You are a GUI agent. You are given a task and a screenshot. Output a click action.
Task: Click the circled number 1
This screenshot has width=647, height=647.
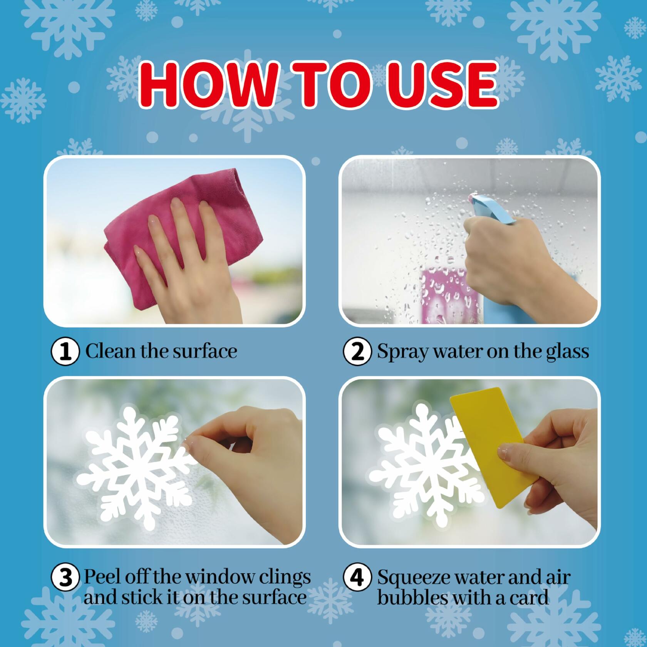pos(65,352)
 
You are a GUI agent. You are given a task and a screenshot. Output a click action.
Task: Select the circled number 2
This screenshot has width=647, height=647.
pos(357,352)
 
